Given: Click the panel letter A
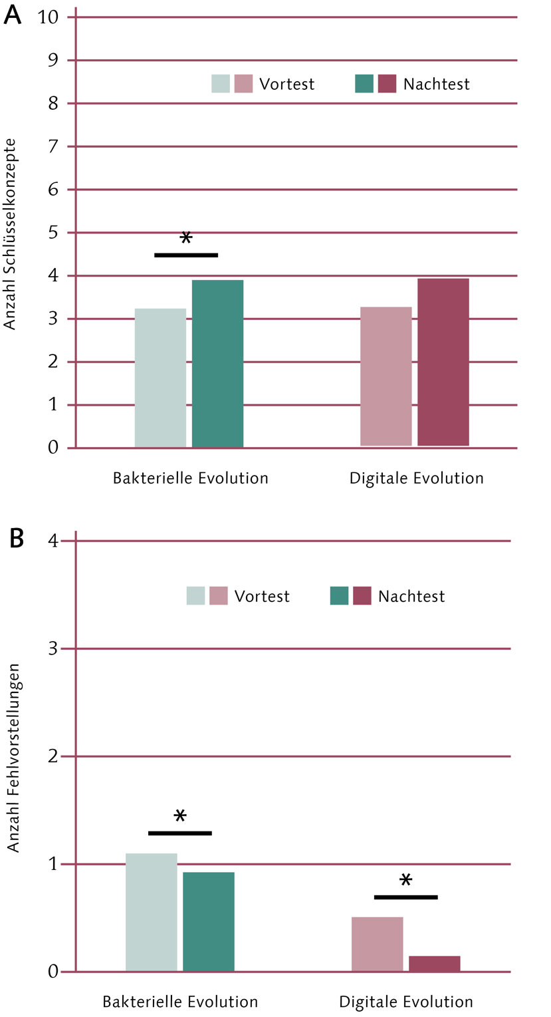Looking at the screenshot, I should (13, 15).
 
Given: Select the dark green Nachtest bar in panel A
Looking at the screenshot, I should (217, 363).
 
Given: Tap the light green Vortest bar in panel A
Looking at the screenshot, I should (160, 378).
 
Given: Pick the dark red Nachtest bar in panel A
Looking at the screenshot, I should (443, 362).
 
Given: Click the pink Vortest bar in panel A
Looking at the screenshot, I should (386, 376).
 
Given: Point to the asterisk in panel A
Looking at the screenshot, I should (186, 239).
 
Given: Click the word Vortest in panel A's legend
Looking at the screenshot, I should (287, 84).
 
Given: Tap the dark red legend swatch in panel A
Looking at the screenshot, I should (387, 84).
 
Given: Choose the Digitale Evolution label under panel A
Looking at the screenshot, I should (417, 478).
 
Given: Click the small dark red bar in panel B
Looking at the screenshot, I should (434, 963).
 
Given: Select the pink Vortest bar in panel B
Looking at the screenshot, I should (377, 944).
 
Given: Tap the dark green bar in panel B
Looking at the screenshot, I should (208, 921).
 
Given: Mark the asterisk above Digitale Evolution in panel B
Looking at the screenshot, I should (405, 881).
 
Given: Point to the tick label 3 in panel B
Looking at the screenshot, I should (54, 649).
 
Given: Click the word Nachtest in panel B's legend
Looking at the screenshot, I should (411, 596).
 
